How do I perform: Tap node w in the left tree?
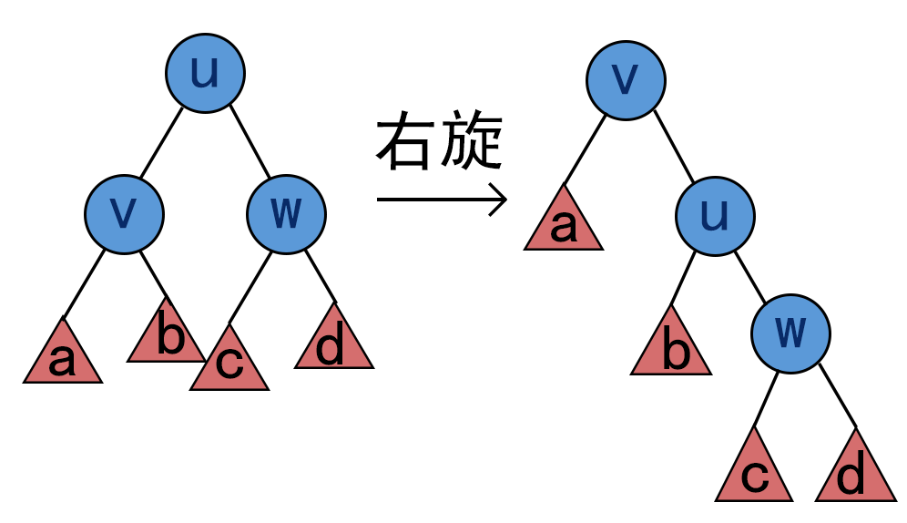(286, 212)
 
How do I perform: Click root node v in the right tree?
(625, 79)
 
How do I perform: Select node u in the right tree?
(714, 215)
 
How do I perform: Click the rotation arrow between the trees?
(441, 200)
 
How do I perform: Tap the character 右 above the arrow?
(404, 144)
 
